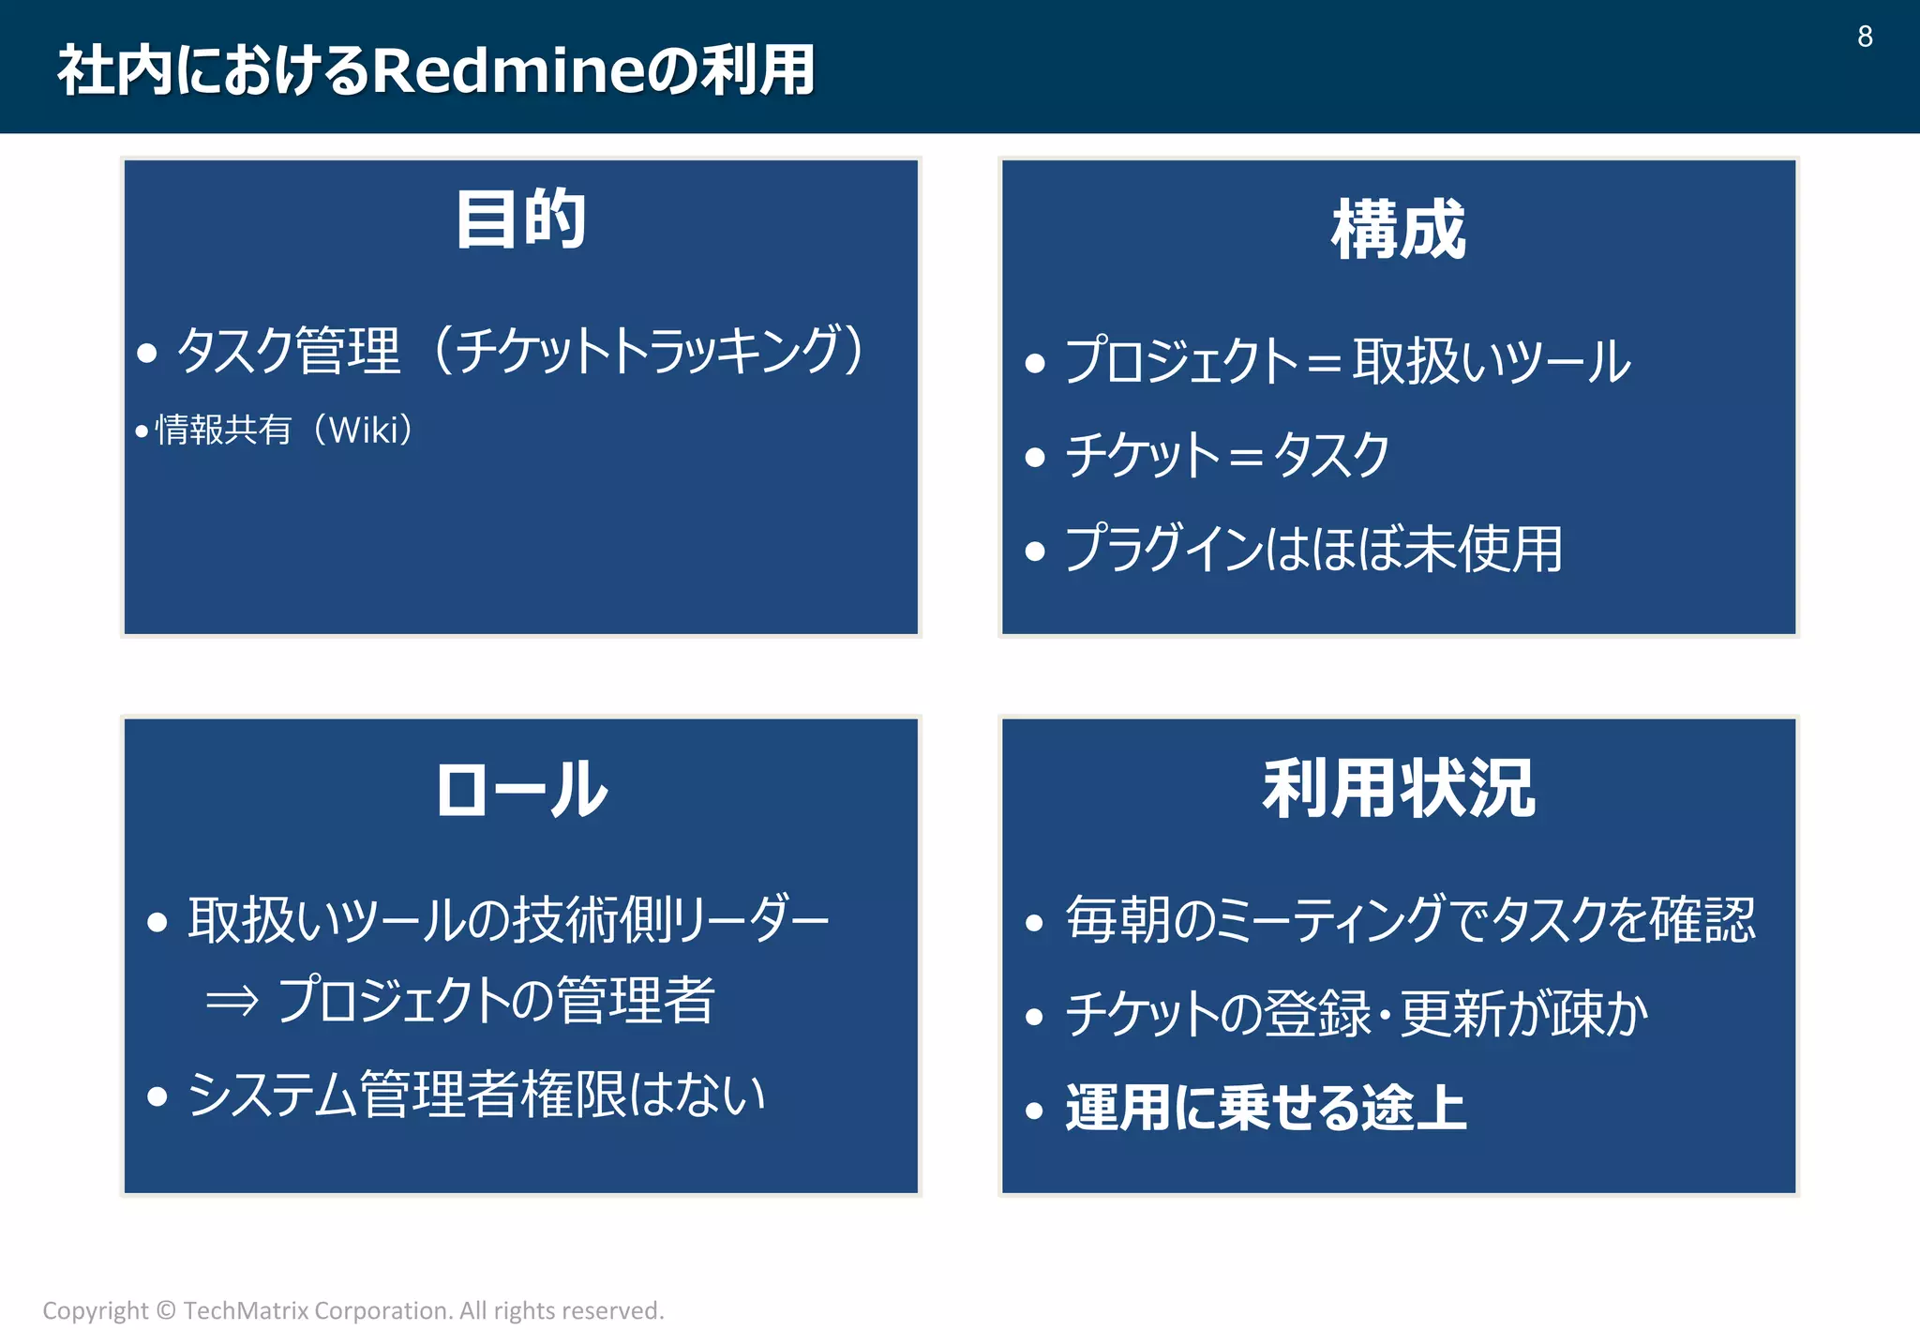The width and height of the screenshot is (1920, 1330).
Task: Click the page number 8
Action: [1865, 37]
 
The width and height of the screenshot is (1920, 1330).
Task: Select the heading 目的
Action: [521, 219]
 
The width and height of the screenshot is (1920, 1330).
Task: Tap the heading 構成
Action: [1398, 230]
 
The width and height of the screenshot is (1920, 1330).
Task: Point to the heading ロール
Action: [521, 789]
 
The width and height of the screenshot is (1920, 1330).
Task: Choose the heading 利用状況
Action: [1398, 789]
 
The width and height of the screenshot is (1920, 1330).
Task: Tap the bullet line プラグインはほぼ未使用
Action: [1312, 549]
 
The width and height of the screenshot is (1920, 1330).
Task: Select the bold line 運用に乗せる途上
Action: [1266, 1108]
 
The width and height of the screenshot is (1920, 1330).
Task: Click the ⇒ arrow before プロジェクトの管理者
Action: [232, 1001]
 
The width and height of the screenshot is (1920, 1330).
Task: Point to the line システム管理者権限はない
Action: [476, 1095]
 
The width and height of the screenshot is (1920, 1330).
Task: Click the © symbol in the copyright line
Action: [166, 1310]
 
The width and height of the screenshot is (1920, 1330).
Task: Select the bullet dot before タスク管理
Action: [146, 354]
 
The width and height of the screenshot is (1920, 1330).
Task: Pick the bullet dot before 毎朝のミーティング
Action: [1034, 923]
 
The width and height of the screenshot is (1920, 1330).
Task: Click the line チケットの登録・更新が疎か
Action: [1356, 1014]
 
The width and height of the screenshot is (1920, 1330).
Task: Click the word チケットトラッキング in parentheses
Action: [647, 351]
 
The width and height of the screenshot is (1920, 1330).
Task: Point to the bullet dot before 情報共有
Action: [142, 431]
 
